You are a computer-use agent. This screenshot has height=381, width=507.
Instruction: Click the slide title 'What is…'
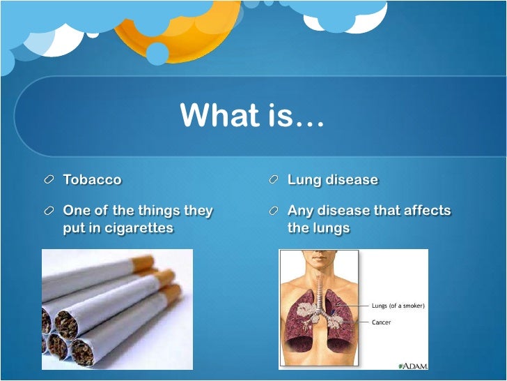(x=252, y=116)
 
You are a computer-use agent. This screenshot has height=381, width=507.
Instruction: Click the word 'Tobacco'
(x=92, y=180)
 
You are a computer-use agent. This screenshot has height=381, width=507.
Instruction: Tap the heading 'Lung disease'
(x=332, y=180)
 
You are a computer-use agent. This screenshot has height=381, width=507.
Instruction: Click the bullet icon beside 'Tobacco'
(x=49, y=180)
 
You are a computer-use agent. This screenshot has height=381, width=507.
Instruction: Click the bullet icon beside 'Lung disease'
(x=274, y=180)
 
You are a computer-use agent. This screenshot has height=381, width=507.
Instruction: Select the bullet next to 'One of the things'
(x=49, y=211)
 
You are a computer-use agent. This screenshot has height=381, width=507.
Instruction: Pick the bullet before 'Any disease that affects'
(x=274, y=211)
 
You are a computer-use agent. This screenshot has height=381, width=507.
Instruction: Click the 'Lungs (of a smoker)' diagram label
(x=398, y=306)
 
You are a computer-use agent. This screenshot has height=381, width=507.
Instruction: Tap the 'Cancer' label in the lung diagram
(x=381, y=322)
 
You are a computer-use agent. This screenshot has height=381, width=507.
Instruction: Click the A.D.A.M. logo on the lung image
(x=412, y=364)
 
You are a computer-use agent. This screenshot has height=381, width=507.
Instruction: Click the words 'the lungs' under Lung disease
(x=318, y=228)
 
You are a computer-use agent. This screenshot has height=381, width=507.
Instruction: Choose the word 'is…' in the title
(x=297, y=116)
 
